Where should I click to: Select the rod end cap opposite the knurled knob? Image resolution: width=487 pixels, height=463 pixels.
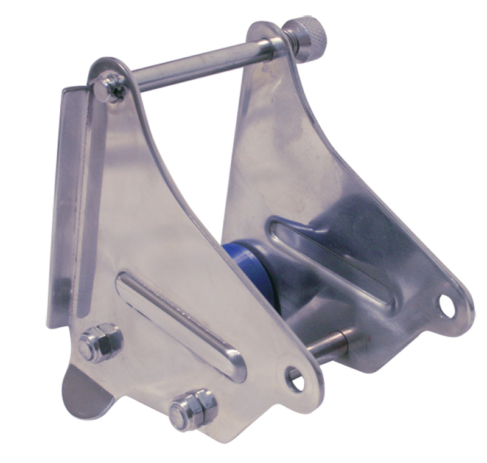coord(110,88)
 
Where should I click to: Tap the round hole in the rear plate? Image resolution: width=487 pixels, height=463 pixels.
coord(448,305)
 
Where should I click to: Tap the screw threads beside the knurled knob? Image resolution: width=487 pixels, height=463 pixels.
coord(287,41)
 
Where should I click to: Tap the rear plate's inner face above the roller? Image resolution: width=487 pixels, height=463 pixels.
coord(274,152)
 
